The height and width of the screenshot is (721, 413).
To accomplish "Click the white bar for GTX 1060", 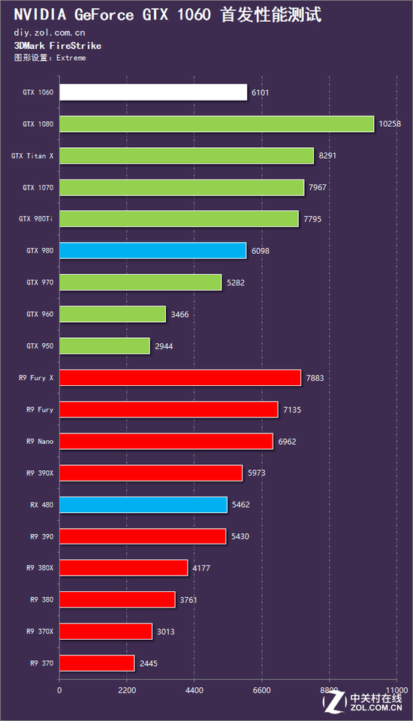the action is coord(153,92).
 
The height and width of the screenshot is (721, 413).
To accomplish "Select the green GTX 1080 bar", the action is coord(216,124).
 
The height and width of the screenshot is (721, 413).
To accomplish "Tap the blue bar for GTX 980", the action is coord(152,251).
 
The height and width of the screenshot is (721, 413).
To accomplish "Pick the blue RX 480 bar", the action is coord(143,505).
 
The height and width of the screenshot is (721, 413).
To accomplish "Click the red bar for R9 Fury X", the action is coord(180,378).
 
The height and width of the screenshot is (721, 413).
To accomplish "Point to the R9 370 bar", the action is coord(97,663).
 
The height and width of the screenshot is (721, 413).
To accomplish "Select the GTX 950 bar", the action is coord(104,345).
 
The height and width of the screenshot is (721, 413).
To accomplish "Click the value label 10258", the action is coord(390,124).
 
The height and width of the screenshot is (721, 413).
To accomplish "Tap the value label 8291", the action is coord(327,155).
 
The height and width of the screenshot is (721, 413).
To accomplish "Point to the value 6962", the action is coord(287,442).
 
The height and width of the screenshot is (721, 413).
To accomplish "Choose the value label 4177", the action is coord(201,569).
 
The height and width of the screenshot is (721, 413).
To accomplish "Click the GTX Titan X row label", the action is coord(32,156).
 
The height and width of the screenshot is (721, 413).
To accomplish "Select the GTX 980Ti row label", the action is coord(36,219).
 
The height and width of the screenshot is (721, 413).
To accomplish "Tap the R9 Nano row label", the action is coord(40,442).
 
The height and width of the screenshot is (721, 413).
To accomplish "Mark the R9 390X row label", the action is coord(40,473).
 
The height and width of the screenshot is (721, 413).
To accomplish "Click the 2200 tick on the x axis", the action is coord(127,690).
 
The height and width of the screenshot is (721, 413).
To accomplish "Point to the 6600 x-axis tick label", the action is coord(261,690).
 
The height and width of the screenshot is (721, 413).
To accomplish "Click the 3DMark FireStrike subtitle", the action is coord(58,46).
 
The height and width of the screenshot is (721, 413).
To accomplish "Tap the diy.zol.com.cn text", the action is coord(50,32).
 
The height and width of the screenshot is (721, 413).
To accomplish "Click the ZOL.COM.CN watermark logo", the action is coord(363,703).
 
